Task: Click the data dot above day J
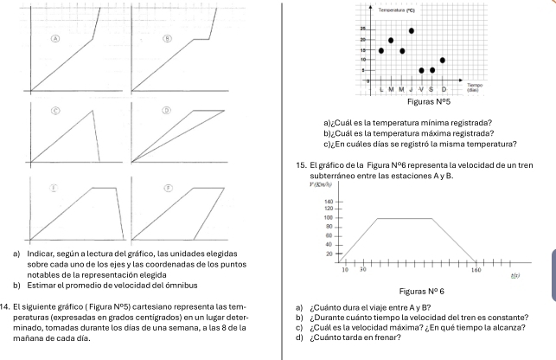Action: pyautogui.click(x=412, y=30)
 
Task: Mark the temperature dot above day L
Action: pyautogui.click(x=381, y=50)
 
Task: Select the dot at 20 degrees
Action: pyautogui.click(x=391, y=40)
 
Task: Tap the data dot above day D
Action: pyautogui.click(x=442, y=61)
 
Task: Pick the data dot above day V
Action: pyautogui.click(x=422, y=70)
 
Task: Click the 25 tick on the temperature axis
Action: pyautogui.click(x=364, y=30)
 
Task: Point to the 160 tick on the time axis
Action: pyautogui.click(x=476, y=271)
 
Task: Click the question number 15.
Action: pyautogui.click(x=300, y=164)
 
